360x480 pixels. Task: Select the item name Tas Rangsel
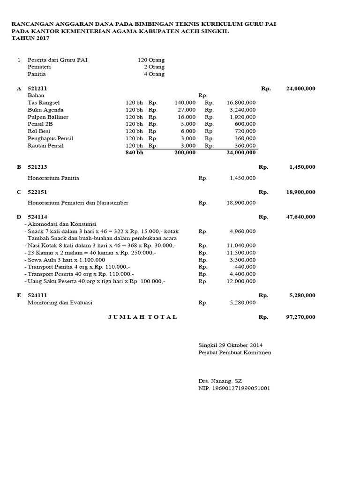pos(44,102)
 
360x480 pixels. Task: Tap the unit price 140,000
pos(185,102)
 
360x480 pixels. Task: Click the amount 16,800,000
pos(241,102)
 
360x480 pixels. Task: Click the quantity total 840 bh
pos(134,153)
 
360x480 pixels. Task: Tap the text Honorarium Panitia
pos(53,178)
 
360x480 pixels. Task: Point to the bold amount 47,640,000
pos(300,217)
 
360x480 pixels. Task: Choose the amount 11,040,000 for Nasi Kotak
pos(241,245)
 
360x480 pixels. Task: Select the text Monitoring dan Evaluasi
pos(60,302)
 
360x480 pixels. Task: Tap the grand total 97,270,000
pos(300,317)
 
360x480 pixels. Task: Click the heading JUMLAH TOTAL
pos(142,317)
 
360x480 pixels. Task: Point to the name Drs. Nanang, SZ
pos(220,381)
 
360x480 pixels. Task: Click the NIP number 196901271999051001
pos(234,388)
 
